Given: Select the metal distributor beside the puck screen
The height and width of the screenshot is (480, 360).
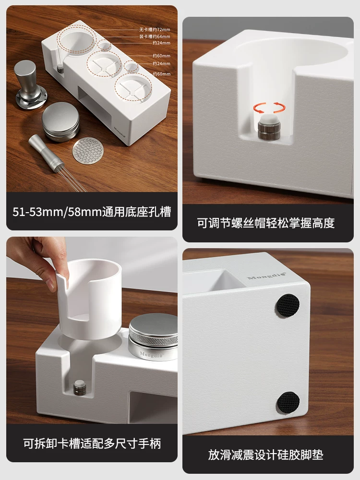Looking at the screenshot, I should (60, 125).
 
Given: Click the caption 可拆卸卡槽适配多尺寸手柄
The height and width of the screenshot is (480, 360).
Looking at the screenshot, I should (91, 444).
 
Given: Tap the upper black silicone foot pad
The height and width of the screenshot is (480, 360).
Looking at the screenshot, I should (288, 305).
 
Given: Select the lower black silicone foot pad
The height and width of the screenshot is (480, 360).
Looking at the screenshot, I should (288, 403).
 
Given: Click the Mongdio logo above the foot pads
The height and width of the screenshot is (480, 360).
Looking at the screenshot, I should (266, 277).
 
